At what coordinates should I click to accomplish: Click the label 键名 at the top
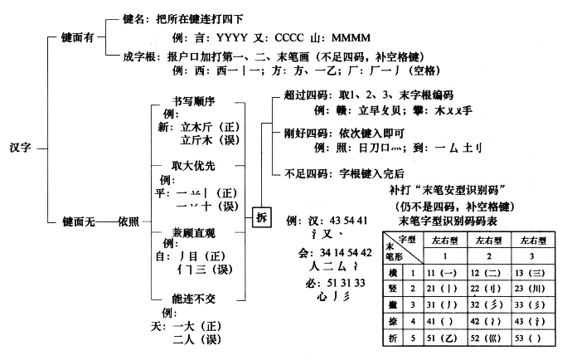135,18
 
